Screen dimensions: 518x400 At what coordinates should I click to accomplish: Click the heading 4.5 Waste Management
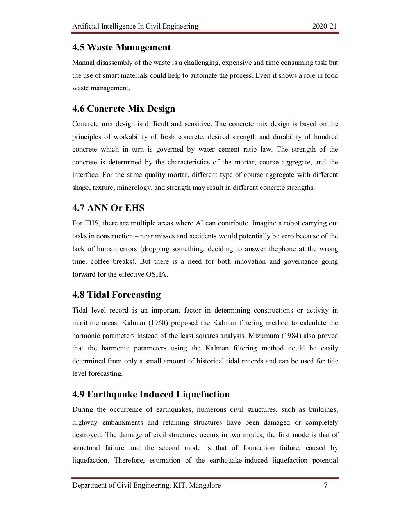121,48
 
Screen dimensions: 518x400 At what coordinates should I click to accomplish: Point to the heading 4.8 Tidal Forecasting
116,295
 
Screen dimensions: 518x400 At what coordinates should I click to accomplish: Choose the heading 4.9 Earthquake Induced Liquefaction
151,394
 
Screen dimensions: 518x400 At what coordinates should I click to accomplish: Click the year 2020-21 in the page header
325,27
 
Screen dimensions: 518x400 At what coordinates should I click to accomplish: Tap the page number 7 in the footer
325,486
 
